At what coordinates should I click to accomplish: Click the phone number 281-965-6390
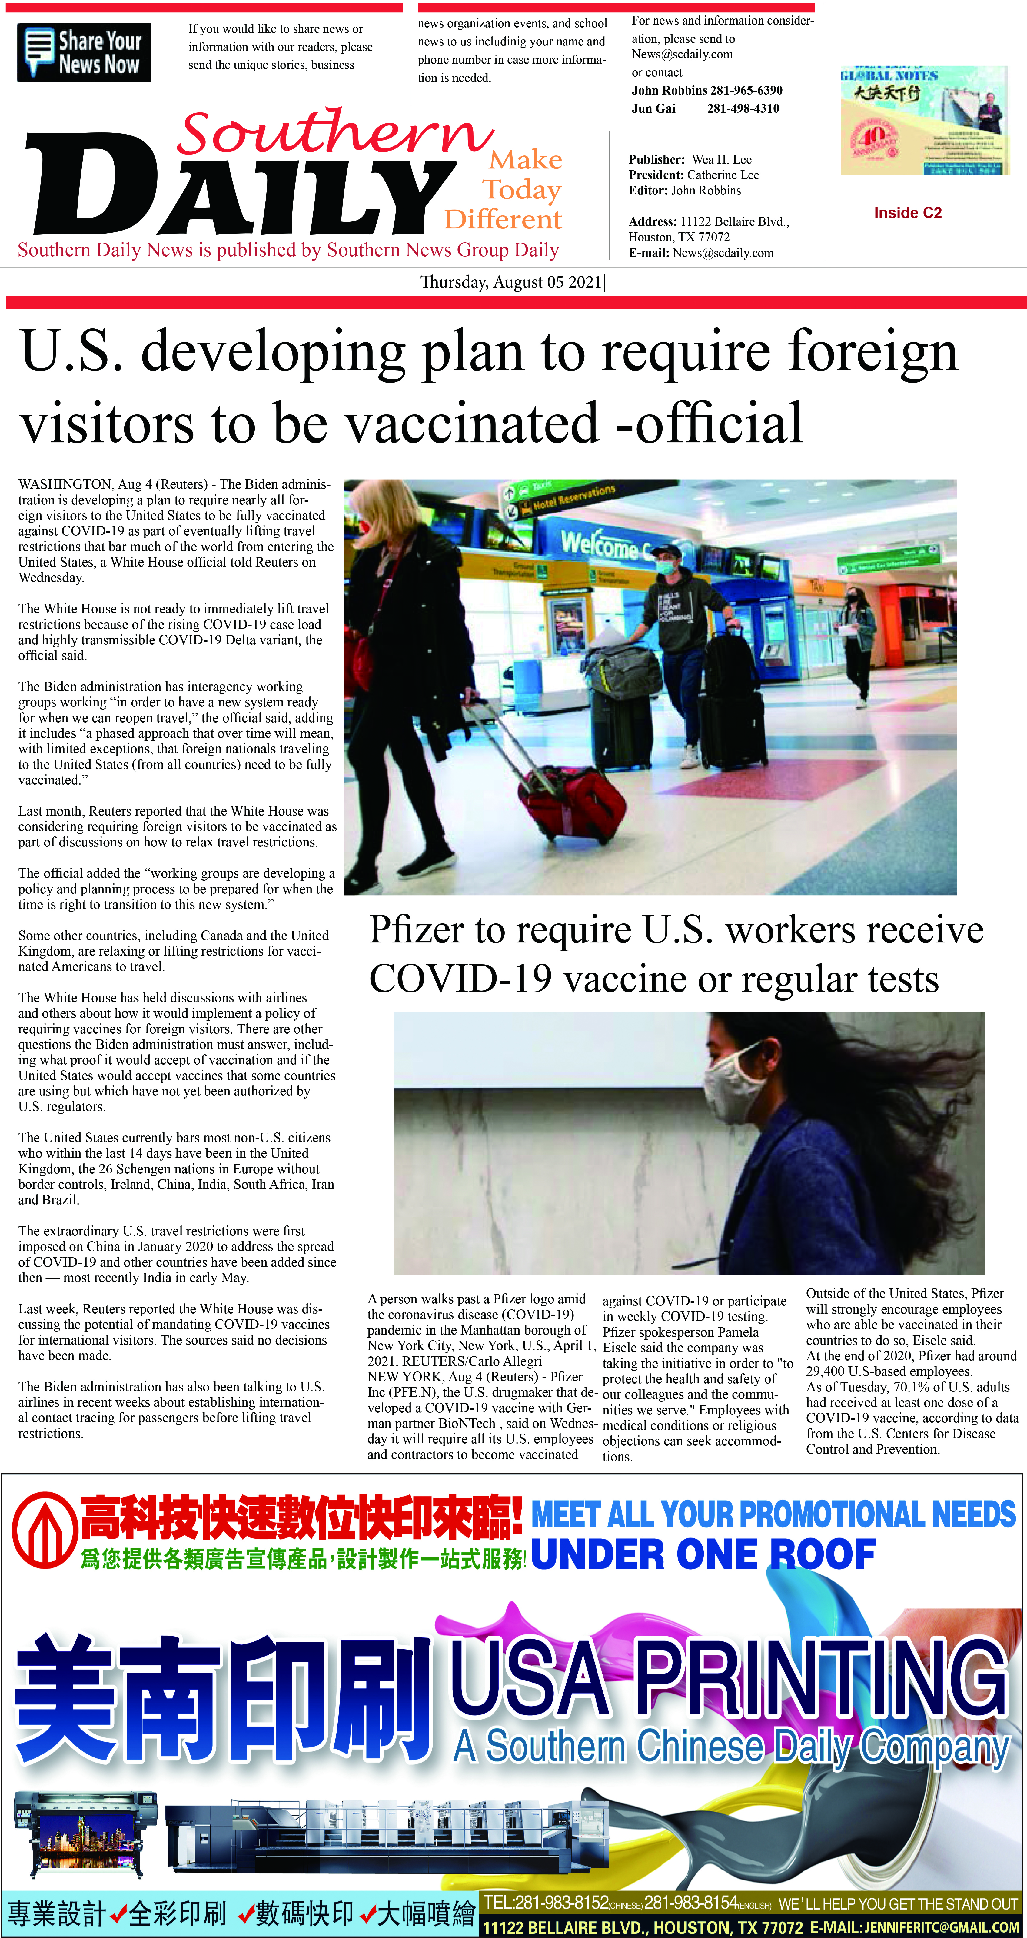745,90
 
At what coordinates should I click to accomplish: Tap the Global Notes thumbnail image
923,120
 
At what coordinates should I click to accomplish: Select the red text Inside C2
907,213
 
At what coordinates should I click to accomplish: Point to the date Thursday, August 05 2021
512,282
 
